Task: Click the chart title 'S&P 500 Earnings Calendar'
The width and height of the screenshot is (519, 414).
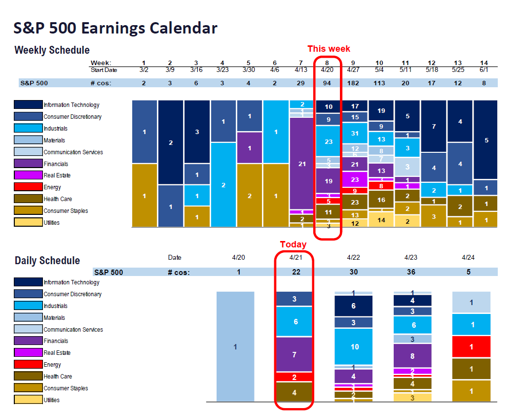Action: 115,28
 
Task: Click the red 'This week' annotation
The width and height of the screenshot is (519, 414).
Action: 329,49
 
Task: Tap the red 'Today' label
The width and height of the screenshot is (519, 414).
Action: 293,244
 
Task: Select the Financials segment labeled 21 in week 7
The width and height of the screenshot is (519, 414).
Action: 302,164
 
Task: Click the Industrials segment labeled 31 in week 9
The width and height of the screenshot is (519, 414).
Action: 355,133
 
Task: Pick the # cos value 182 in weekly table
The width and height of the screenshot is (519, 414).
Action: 353,83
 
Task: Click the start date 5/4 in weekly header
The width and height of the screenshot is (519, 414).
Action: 379,69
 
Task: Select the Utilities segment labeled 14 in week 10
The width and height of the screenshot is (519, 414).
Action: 381,220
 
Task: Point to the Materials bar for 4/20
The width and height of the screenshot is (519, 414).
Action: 235,346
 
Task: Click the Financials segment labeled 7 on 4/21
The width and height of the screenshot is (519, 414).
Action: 295,355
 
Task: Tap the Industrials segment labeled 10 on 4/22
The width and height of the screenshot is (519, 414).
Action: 354,347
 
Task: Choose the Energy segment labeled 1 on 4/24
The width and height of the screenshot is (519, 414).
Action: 471,347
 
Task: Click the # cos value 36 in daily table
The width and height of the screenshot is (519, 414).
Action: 411,272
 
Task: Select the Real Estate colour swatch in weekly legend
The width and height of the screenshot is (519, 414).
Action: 29,175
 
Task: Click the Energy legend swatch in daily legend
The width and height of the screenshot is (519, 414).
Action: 29,365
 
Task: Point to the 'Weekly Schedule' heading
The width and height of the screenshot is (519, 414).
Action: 52,50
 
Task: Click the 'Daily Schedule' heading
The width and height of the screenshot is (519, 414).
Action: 47,261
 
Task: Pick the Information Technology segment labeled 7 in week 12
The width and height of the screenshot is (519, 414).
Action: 433,127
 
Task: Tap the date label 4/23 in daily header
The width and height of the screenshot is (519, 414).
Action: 411,257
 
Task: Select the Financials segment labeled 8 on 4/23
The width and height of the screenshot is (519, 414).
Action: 412,355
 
